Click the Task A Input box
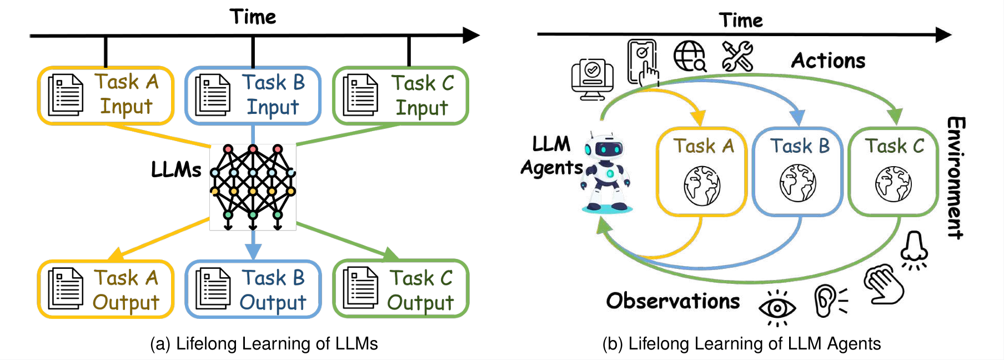(106, 95)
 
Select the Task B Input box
(253, 96)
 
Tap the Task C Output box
(400, 289)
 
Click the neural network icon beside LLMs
(253, 187)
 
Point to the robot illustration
(606, 173)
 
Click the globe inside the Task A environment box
(702, 185)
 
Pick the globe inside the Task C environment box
(893, 184)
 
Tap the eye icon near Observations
(777, 307)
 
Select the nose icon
(914, 248)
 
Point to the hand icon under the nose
(885, 284)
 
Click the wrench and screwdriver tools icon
(737, 56)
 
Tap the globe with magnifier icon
(689, 56)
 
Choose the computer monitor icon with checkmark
(593, 79)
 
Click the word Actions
(828, 61)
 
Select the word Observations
(673, 301)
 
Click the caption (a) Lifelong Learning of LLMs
(264, 344)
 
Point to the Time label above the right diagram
(741, 21)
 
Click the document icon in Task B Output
(213, 289)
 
